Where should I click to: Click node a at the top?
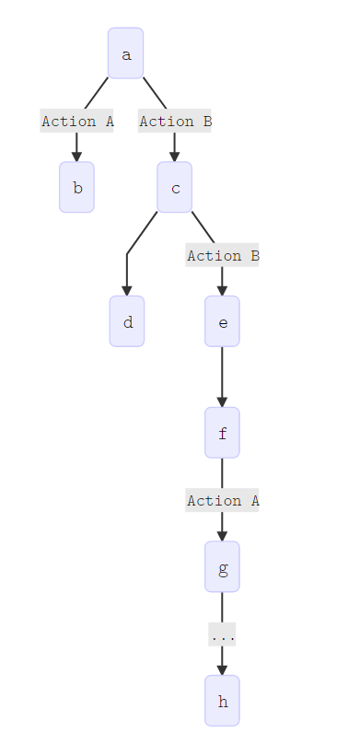(x=125, y=53)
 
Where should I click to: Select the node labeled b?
(x=76, y=188)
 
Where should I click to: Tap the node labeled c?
(x=174, y=188)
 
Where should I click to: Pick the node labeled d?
(x=127, y=321)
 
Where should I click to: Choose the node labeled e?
(x=222, y=321)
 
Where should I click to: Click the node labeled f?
(x=222, y=433)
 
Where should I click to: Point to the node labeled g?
(x=222, y=566)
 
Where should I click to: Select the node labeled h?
(x=222, y=701)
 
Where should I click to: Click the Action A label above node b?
(x=76, y=121)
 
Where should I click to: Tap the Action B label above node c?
(x=175, y=121)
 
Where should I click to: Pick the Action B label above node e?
(x=222, y=255)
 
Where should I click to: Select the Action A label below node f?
(x=222, y=500)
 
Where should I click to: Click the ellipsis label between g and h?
(x=222, y=634)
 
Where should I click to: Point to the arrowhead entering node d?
(x=127, y=290)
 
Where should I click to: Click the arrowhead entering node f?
(x=222, y=401)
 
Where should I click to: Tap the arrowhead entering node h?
(x=222, y=669)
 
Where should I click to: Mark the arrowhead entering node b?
(x=76, y=157)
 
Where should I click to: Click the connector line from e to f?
(x=222, y=373)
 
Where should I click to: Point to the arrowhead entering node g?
(x=222, y=535)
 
